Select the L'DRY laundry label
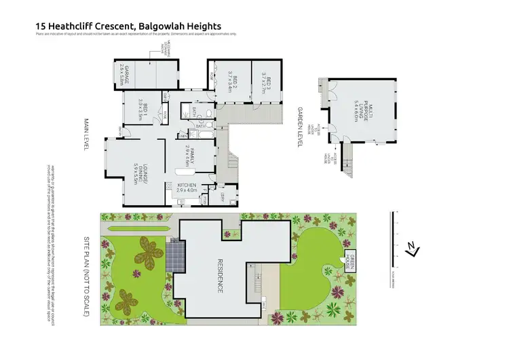coord(223,196)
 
